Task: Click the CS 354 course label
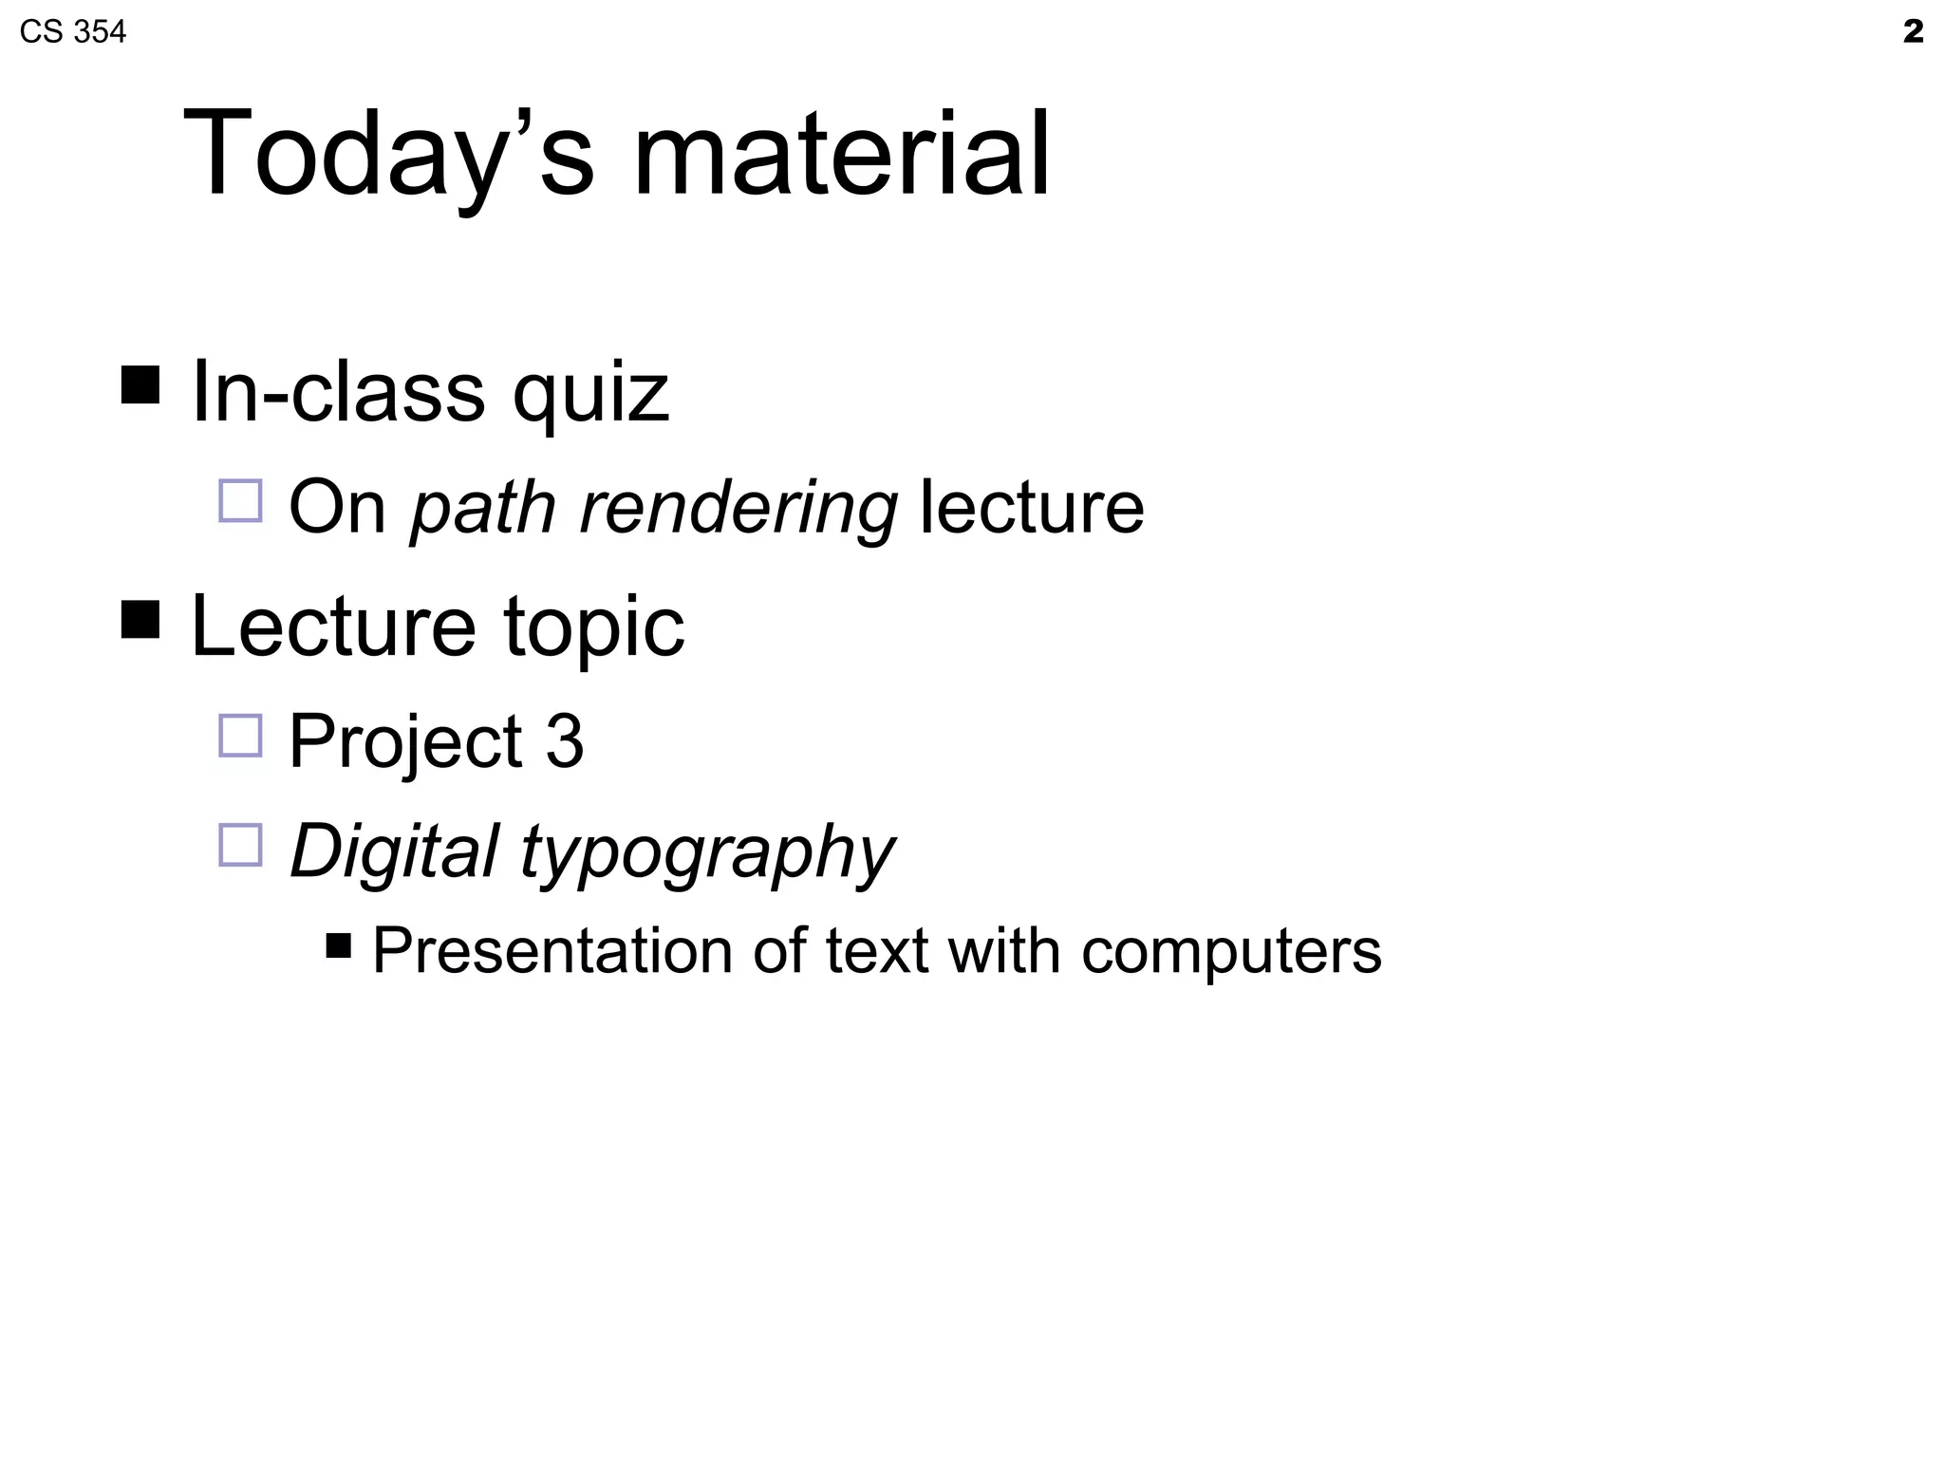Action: (72, 32)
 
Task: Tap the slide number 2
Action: (1913, 32)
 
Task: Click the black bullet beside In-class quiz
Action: (140, 384)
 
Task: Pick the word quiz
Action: (590, 394)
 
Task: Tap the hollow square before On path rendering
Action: (240, 501)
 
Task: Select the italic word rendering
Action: (738, 508)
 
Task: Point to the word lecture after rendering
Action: (1032, 508)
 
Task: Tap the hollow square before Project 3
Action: (240, 736)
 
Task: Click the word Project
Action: (405, 741)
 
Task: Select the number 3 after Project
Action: (565, 741)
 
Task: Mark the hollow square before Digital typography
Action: (240, 845)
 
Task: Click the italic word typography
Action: (707, 851)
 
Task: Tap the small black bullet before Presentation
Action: (338, 945)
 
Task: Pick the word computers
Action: (1231, 950)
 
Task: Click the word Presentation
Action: (552, 950)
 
